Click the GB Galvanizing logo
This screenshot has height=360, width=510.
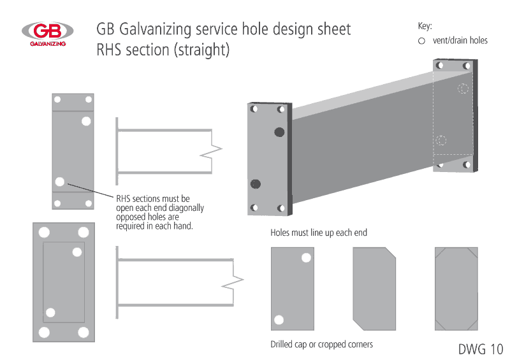47,33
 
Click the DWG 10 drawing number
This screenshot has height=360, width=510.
480,349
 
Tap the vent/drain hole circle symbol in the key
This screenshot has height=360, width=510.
421,41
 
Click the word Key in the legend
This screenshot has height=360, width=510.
425,26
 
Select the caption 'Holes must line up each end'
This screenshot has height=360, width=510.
319,233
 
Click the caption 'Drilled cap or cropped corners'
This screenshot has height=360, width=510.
321,345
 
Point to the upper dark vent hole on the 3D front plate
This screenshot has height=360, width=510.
279,132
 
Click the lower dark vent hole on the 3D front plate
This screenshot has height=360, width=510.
256,184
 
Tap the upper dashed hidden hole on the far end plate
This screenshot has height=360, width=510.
463,89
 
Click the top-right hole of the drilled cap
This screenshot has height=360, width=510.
306,257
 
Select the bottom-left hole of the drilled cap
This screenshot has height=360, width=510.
279,320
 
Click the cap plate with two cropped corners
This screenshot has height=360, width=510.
374,289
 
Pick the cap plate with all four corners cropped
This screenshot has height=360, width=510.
456,289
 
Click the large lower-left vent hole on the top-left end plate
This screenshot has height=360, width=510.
60,182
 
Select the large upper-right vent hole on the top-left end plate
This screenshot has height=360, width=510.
86,121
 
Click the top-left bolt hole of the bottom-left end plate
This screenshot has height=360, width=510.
45,231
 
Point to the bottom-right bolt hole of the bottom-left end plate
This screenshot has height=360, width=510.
83,332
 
